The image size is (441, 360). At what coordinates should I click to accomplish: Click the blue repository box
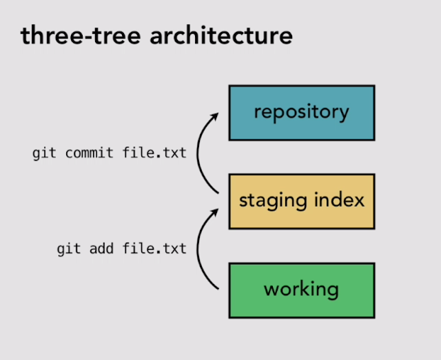click(x=301, y=112)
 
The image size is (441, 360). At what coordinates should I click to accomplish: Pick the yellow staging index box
click(x=301, y=201)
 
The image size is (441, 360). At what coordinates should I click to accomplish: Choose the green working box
click(x=301, y=289)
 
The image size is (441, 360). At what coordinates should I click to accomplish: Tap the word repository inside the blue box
click(x=301, y=112)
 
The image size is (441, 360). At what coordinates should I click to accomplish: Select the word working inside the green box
click(x=301, y=289)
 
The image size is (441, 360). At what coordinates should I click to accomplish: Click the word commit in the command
click(x=89, y=153)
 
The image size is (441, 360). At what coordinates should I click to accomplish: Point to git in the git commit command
click(x=44, y=153)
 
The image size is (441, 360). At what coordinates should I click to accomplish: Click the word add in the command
click(x=101, y=248)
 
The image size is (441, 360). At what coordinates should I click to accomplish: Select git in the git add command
click(x=68, y=248)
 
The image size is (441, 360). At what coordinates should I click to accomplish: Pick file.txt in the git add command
click(x=154, y=248)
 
